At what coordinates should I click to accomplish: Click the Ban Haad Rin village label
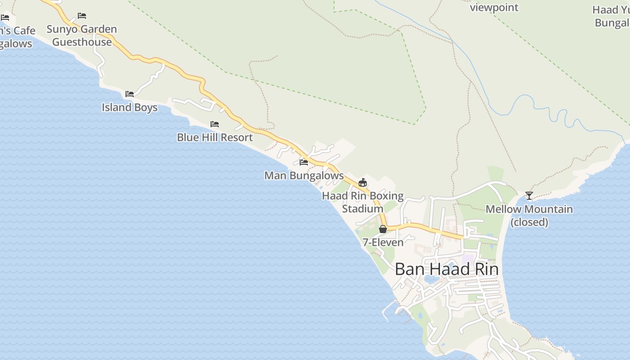(x=446, y=269)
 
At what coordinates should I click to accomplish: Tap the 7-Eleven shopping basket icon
(x=383, y=229)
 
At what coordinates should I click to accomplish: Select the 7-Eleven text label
(x=383, y=243)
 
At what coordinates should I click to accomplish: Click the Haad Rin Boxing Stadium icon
(x=363, y=182)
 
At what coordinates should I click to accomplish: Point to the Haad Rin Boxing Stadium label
(x=363, y=202)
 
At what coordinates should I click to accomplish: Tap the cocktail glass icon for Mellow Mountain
(x=529, y=196)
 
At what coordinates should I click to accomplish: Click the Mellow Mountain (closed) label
(x=529, y=216)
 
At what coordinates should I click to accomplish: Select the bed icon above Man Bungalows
(x=304, y=162)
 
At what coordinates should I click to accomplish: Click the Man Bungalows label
(x=304, y=175)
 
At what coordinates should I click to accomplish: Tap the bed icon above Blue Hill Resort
(x=215, y=124)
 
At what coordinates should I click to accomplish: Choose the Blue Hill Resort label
(x=215, y=137)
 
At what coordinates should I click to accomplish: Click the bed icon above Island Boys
(x=130, y=94)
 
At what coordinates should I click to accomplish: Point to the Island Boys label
(x=130, y=108)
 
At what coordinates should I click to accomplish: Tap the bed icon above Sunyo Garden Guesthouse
(x=82, y=16)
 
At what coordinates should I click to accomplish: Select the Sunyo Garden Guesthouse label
(x=82, y=36)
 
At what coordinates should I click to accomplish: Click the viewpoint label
(x=494, y=8)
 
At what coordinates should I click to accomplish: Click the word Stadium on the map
(x=363, y=209)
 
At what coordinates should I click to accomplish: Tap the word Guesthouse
(x=82, y=42)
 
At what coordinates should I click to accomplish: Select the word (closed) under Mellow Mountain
(x=529, y=222)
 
